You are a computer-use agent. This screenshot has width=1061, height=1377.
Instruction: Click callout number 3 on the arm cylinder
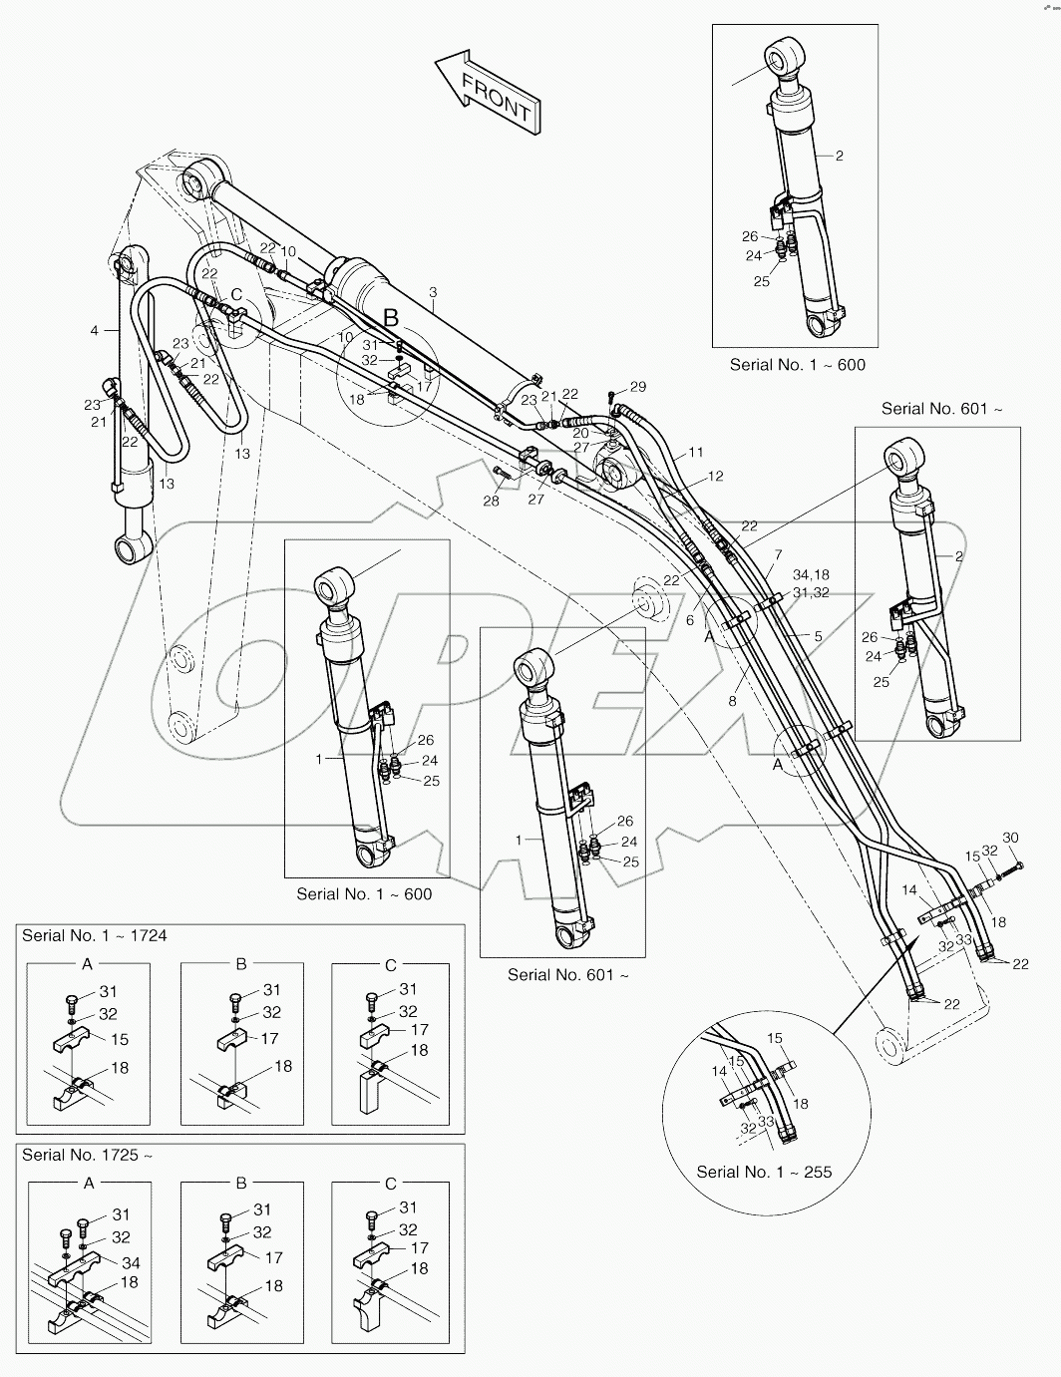433,292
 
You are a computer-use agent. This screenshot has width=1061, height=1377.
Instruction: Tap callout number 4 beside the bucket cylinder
95,330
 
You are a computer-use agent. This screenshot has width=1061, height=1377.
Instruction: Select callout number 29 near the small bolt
638,387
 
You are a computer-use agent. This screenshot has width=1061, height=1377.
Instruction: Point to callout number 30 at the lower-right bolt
1010,838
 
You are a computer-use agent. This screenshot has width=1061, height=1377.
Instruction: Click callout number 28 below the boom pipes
491,501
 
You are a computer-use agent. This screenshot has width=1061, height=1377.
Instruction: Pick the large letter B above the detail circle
392,317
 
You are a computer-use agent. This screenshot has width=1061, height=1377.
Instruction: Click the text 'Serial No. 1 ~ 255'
764,1172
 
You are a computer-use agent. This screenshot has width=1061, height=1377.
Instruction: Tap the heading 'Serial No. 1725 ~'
87,1155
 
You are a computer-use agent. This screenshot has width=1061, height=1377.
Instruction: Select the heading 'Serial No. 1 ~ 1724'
95,935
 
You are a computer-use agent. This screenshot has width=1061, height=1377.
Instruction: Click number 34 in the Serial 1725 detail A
131,1263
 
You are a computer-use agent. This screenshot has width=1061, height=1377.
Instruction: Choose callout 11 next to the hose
696,452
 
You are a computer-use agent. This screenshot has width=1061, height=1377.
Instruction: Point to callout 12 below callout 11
715,476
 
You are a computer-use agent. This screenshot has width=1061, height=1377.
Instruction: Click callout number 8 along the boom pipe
732,701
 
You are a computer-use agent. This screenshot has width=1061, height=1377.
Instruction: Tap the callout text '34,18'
811,574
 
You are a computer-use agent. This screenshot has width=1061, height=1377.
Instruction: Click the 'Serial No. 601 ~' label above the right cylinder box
942,409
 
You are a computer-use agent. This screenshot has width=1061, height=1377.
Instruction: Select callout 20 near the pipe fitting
581,433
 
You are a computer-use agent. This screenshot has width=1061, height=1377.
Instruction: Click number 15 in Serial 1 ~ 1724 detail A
120,1039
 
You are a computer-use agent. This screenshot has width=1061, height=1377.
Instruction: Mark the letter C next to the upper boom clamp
236,294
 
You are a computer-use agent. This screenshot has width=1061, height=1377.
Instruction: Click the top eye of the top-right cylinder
786,58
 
